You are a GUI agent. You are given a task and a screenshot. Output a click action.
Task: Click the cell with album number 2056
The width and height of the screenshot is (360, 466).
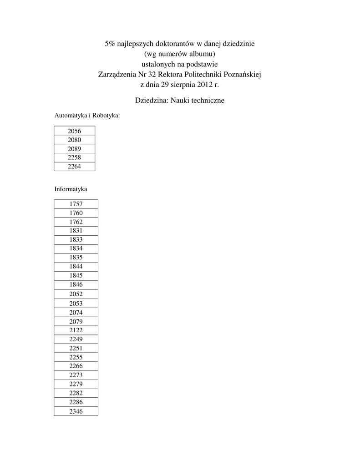(74, 131)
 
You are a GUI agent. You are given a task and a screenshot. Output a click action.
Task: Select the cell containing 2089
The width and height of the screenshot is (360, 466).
(74, 149)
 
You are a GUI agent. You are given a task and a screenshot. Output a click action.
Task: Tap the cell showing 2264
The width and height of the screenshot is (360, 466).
(74, 167)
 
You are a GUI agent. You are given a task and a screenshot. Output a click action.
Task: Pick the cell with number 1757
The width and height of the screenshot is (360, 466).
(76, 204)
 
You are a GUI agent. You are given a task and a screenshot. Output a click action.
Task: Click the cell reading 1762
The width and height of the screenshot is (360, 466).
(76, 222)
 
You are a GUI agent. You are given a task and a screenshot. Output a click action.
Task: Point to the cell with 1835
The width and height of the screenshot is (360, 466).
(76, 257)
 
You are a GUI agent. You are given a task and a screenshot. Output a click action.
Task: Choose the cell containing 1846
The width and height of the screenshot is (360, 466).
(76, 284)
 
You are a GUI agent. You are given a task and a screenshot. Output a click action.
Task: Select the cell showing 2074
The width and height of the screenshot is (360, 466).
(76, 312)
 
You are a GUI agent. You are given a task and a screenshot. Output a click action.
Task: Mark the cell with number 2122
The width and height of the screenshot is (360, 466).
(76, 330)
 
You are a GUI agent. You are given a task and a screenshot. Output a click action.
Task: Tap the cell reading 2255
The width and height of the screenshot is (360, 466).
(76, 357)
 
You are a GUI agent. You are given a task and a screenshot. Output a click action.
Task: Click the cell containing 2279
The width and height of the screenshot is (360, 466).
(76, 384)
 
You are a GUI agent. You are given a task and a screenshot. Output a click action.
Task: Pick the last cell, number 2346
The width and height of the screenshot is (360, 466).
(76, 411)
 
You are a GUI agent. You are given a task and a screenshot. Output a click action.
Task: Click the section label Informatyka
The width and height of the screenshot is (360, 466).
(71, 188)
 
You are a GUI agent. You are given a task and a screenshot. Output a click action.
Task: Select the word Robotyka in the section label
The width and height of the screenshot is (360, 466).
(106, 116)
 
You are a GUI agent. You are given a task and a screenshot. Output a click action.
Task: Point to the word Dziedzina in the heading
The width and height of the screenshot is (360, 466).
(151, 100)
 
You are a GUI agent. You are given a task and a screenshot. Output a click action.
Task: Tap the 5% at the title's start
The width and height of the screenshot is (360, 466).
(110, 44)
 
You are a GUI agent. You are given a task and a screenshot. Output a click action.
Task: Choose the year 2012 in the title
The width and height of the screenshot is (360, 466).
(205, 84)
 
